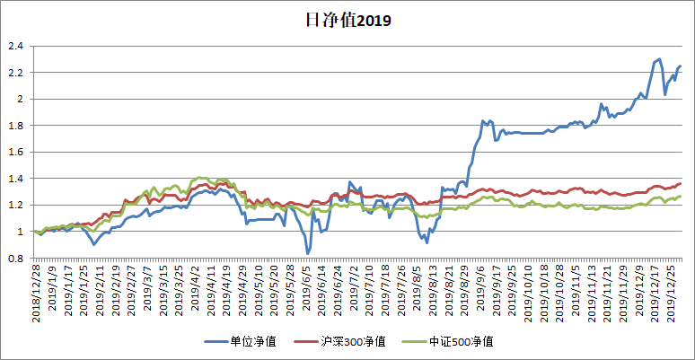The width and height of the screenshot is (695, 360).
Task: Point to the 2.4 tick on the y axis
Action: point(15,46)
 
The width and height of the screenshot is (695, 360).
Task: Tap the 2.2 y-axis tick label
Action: point(15,73)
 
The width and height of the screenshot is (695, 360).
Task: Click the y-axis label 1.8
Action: point(15,126)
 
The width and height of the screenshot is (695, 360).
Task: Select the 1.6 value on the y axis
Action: point(15,153)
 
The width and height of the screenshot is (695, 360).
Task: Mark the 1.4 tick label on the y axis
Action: point(15,179)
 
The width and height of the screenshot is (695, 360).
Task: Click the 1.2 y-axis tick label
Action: point(15,206)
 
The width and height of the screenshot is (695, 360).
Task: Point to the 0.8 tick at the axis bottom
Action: point(15,259)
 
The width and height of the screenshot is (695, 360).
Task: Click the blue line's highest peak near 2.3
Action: point(659,59)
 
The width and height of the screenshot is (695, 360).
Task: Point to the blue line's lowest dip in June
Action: point(308,253)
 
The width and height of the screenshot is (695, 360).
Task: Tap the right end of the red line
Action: point(681,183)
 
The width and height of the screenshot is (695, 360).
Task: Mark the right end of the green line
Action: point(681,196)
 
